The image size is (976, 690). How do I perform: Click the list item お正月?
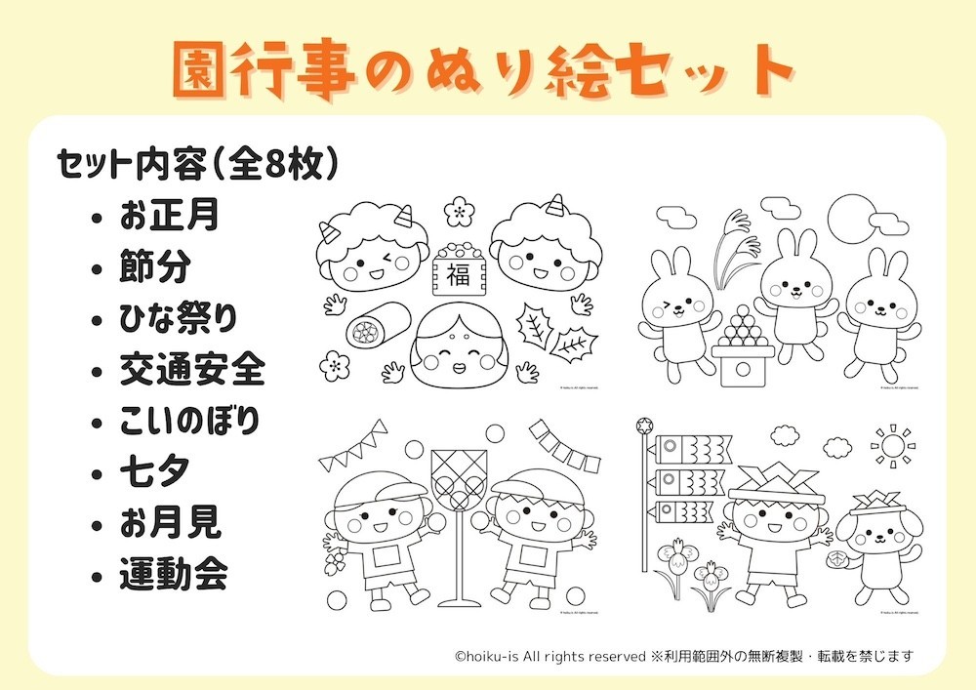coord(168,215)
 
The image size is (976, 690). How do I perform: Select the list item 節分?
coord(155,266)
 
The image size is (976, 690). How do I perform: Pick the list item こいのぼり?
coord(189,422)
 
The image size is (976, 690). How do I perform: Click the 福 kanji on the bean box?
coord(457,274)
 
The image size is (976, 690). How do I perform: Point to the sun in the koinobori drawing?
coord(890,447)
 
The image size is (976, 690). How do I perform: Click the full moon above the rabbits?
coord(849,219)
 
